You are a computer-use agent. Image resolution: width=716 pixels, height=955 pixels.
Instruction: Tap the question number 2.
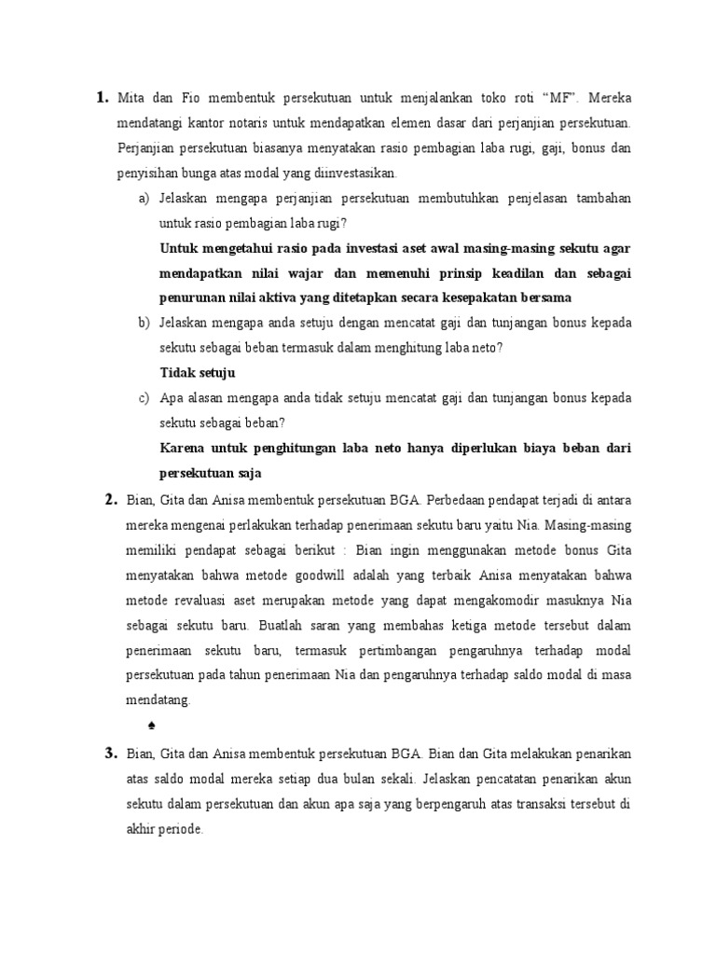[109, 499]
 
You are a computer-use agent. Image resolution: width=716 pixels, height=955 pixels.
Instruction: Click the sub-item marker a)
[144, 199]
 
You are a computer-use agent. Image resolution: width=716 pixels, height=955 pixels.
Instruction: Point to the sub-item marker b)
[144, 322]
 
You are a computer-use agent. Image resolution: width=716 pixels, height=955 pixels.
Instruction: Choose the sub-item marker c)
[144, 397]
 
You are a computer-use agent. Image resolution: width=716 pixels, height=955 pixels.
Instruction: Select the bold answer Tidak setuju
[198, 372]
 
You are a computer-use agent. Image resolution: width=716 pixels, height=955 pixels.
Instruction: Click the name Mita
[134, 97]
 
